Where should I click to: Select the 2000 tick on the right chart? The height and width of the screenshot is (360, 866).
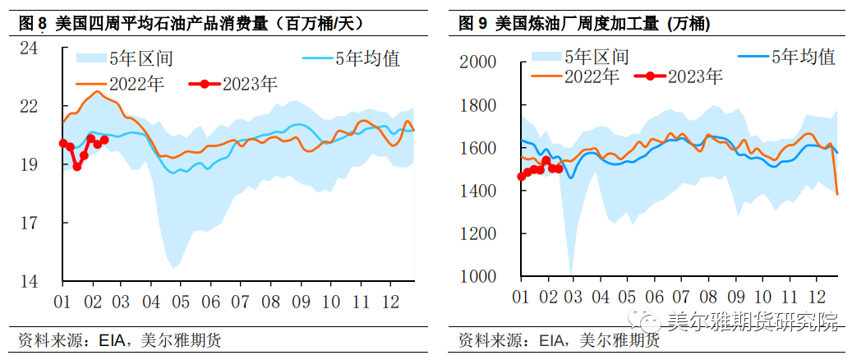coord(477,62)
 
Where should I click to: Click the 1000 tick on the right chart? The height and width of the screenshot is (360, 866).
coord(477,277)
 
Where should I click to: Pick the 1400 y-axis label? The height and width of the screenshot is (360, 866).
coord(477,191)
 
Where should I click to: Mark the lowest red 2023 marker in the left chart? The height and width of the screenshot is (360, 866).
coord(77,166)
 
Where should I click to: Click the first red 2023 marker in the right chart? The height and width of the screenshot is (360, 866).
coord(521,176)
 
